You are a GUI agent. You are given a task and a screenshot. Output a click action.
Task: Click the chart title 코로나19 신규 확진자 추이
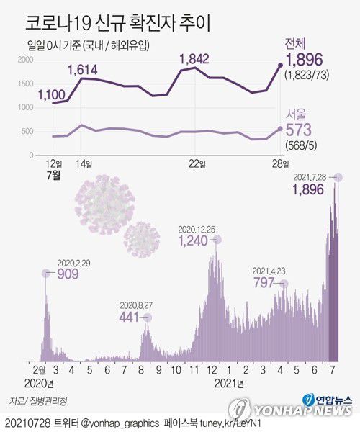point(119,22)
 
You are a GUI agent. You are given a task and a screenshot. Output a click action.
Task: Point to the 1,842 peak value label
point(194,58)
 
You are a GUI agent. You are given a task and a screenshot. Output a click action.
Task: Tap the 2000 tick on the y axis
point(24,60)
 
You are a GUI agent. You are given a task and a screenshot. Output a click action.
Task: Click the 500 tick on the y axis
point(27,131)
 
